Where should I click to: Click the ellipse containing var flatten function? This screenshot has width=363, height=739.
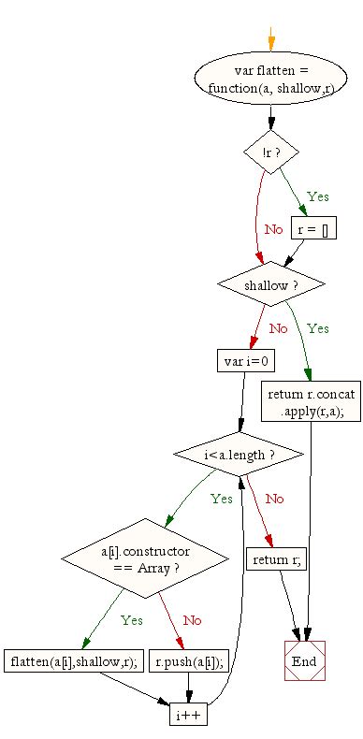pyautogui.click(x=270, y=79)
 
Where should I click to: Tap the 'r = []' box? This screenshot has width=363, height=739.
pyautogui.click(x=312, y=229)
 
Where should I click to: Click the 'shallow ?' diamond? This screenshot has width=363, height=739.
pyautogui.click(x=270, y=283)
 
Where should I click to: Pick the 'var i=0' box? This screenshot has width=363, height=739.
pyautogui.click(x=242, y=360)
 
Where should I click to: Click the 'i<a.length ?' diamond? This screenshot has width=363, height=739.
pyautogui.click(x=239, y=456)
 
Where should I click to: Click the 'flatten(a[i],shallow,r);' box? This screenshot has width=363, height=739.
pyautogui.click(x=72, y=662)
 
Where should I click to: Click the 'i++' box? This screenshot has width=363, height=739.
pyautogui.click(x=187, y=715)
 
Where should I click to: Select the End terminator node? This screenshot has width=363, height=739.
pyautogui.click(x=304, y=661)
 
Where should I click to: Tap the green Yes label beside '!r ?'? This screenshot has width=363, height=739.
pyautogui.click(x=318, y=197)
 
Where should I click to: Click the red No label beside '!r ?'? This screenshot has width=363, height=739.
pyautogui.click(x=273, y=229)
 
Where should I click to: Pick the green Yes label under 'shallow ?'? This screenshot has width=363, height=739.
pyautogui.click(x=318, y=328)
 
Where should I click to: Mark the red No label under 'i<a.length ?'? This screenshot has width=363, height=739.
pyautogui.click(x=274, y=499)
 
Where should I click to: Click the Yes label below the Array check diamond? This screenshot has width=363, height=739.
pyautogui.click(x=132, y=619)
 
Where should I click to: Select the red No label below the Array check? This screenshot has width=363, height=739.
pyautogui.click(x=193, y=619)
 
